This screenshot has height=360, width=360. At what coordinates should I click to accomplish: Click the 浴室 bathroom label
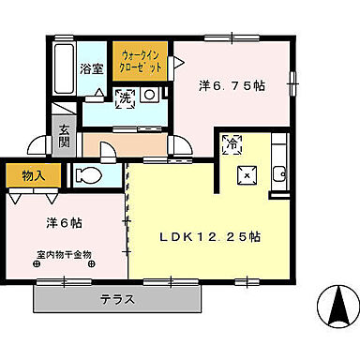pos(91,67)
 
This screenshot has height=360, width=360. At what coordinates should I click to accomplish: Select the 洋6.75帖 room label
pos(232,84)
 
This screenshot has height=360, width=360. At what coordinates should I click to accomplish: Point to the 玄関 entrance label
pos(65,137)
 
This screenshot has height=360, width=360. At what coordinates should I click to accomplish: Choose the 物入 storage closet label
pos(22,174)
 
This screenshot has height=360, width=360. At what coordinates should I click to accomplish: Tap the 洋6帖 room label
pos(65,223)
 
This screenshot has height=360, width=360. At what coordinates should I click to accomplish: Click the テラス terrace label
pos(118,300)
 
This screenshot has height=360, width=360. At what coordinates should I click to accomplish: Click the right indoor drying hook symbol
pos(91,264)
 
